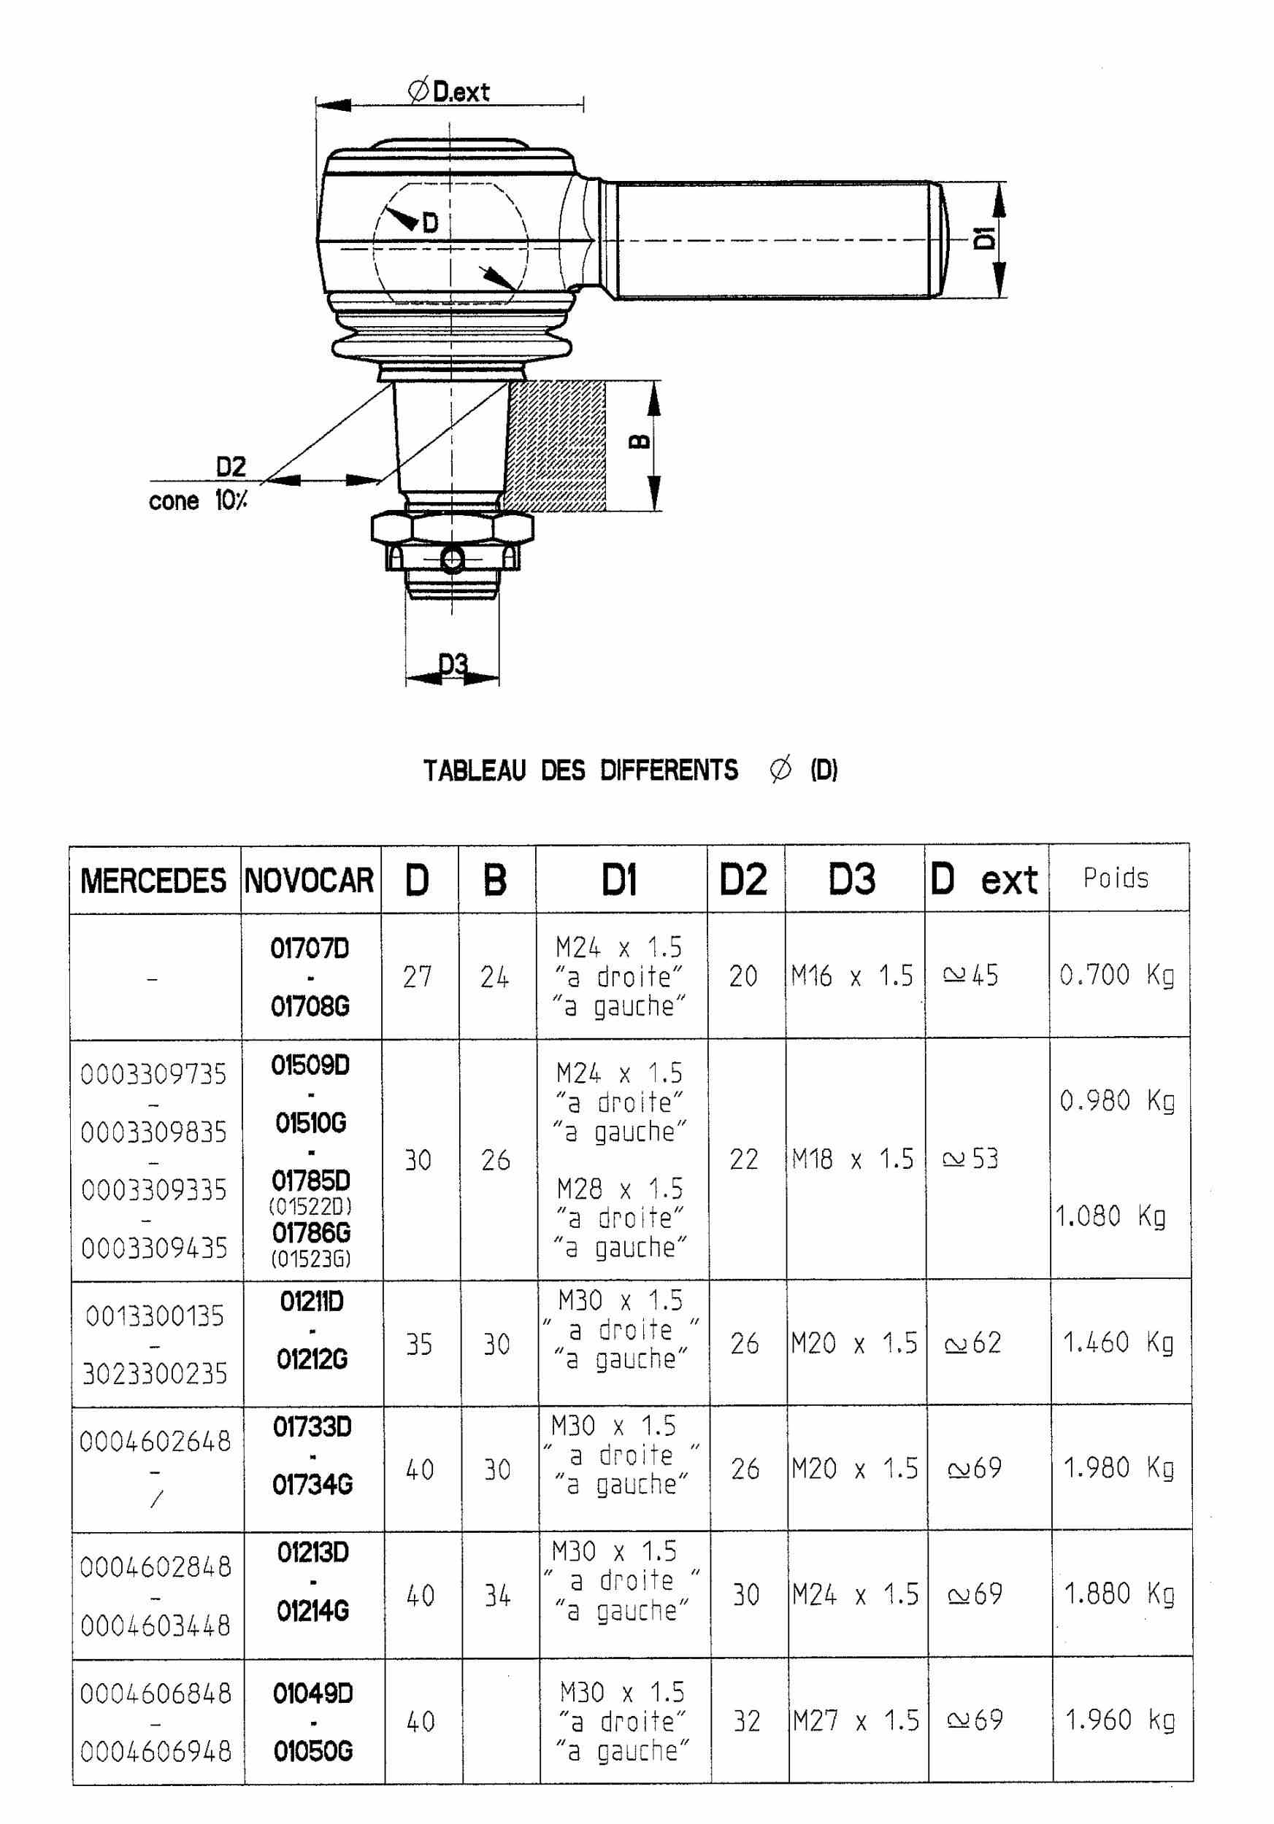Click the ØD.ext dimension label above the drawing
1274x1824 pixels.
[x=449, y=91]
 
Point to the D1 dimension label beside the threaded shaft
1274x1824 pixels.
[x=984, y=238]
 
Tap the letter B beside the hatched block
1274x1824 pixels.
[x=640, y=441]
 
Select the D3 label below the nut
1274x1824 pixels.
[x=453, y=663]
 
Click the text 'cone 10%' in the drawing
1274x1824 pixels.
[x=198, y=501]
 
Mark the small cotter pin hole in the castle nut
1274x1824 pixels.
[x=452, y=561]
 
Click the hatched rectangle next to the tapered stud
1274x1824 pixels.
[x=557, y=445]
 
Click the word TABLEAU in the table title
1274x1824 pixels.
[x=475, y=770]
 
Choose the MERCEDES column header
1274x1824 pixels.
[x=153, y=880]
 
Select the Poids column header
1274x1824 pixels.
[x=1116, y=878]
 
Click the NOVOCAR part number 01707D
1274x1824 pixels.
[x=310, y=948]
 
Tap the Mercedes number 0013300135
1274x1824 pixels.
[x=155, y=1316]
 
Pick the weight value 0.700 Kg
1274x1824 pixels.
[x=1116, y=975]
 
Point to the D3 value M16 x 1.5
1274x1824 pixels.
[x=852, y=976]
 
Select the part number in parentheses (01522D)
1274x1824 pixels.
[x=310, y=1206]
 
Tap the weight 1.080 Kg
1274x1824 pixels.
[x=1110, y=1216]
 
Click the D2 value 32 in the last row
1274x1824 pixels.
[x=746, y=1722]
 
